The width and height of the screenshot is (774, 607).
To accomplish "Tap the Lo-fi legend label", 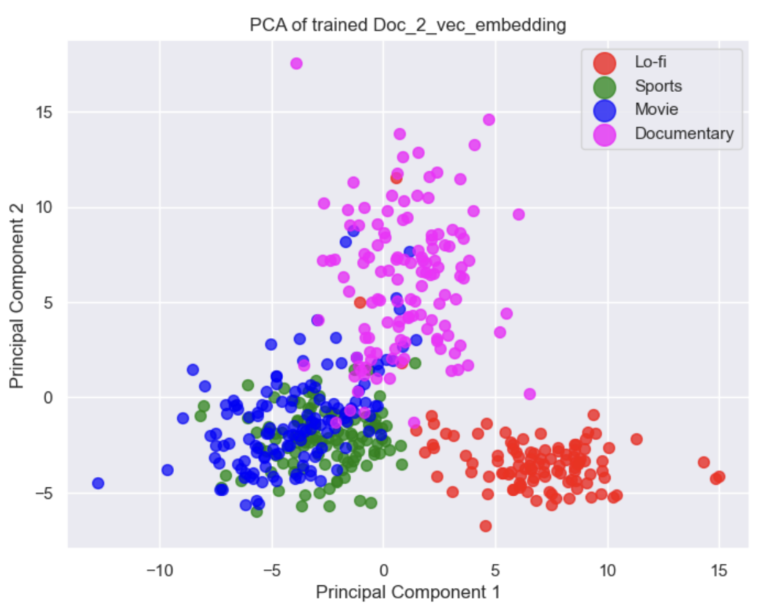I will [650, 63].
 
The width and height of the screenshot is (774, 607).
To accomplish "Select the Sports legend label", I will [658, 86].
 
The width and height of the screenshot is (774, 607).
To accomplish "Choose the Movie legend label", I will [656, 110].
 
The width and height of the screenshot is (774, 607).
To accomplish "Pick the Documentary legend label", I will [684, 134].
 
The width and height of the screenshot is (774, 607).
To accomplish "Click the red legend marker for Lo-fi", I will [604, 63].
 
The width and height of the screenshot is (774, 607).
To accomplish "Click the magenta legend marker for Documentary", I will [604, 134].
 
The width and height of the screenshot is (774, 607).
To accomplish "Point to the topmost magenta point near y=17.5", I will [296, 64].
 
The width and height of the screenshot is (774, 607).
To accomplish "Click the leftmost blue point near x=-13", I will [98, 483].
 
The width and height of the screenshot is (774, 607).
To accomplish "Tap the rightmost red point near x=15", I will [719, 477].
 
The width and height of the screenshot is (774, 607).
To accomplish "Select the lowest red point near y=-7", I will [485, 526].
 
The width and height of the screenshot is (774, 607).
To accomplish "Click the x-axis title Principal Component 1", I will [408, 592].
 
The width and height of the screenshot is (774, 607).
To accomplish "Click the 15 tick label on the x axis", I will [718, 570].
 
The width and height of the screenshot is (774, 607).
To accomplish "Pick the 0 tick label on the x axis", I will [383, 570].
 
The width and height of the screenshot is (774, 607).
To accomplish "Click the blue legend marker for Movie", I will [604, 110].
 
